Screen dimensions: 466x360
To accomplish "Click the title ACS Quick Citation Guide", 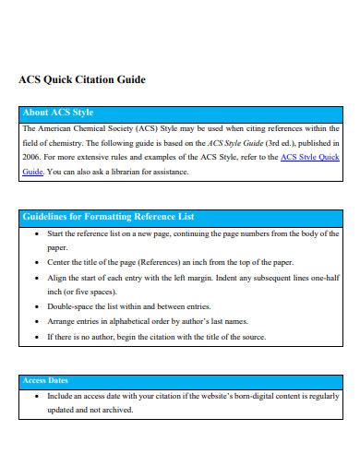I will (x=82, y=79).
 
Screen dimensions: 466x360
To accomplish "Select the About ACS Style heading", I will (x=58, y=114).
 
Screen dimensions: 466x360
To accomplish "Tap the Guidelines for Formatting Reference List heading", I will (x=107, y=217).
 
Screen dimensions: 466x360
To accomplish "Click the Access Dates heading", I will (x=45, y=380).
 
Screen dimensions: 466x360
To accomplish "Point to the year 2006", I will (x=30, y=157).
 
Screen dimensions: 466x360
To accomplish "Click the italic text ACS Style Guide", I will (x=235, y=143).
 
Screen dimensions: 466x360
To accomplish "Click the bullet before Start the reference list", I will (x=36, y=234).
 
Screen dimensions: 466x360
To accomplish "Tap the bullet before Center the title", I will (x=36, y=262).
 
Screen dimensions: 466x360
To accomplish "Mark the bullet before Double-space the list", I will (x=36, y=306).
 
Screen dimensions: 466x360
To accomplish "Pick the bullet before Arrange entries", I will (x=36, y=321).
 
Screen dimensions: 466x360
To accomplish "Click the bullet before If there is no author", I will (x=36, y=337).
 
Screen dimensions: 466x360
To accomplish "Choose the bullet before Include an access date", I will (x=36, y=396).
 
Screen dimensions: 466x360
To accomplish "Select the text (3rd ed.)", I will (x=278, y=143).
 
